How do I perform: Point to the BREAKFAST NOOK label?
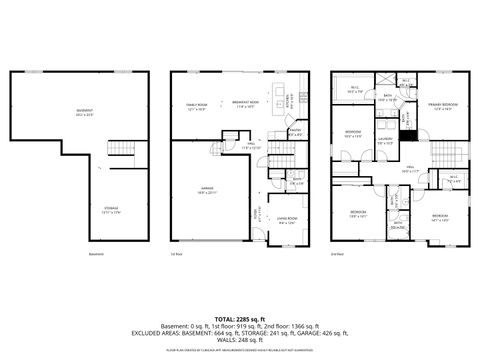(x=247, y=104)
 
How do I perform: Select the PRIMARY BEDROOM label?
(x=445, y=106)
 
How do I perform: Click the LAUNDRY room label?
(x=384, y=142)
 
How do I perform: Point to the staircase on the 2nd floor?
(x=446, y=155)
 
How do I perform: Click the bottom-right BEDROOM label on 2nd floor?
(x=440, y=216)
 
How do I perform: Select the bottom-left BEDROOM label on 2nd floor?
(x=358, y=213)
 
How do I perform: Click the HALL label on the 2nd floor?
(x=410, y=169)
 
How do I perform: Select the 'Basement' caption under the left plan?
(x=96, y=254)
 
